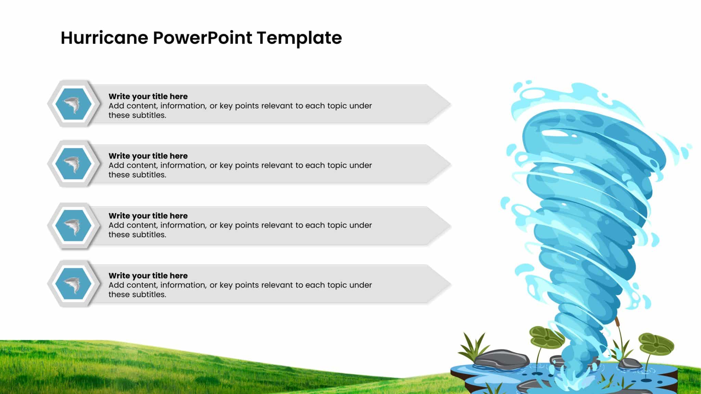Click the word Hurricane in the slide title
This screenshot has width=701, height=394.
[105, 38]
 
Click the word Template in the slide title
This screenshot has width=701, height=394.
[299, 38]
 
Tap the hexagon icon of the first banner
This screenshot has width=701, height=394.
[74, 104]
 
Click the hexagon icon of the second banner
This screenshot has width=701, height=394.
[74, 163]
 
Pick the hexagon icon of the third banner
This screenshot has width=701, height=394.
[74, 226]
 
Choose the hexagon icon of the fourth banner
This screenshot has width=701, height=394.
[74, 284]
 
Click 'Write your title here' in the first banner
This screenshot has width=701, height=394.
[148, 96]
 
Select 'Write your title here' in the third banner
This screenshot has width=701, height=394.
[148, 216]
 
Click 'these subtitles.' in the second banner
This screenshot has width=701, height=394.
[137, 175]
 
